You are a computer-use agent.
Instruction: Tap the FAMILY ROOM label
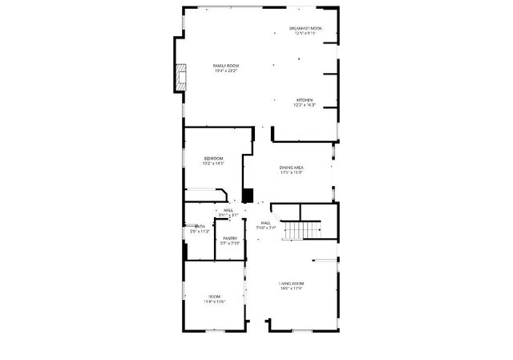(226, 65)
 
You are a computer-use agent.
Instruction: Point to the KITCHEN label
(305, 99)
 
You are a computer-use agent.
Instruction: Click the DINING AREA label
(291, 167)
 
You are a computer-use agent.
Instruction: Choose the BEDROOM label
(213, 158)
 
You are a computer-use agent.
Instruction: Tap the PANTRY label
(230, 238)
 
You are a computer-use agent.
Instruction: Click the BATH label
(200, 227)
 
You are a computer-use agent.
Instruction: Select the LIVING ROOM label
(291, 284)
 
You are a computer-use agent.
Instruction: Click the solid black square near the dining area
(248, 195)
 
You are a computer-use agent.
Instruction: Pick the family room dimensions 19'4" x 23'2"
(226, 71)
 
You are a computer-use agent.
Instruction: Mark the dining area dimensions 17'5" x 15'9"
(291, 172)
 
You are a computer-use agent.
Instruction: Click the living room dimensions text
(291, 289)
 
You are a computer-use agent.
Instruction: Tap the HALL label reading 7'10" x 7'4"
(265, 228)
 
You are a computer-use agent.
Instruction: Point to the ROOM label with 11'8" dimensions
(215, 301)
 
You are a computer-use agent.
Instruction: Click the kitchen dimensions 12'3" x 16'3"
(305, 105)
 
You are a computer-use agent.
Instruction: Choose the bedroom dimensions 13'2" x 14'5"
(213, 164)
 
